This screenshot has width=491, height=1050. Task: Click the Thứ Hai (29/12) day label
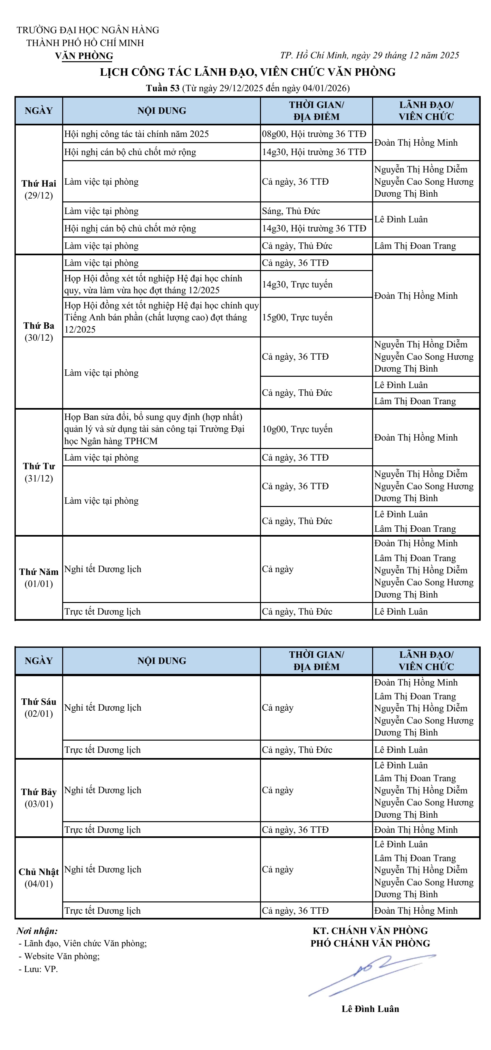tap(39, 189)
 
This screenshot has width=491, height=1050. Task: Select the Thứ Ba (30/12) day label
tap(39, 331)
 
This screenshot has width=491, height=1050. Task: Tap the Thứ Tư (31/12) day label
tap(39, 472)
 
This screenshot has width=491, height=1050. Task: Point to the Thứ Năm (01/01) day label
tap(39, 578)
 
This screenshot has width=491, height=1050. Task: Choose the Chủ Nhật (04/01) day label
tap(39, 878)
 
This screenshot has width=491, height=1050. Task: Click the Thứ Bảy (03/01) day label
tap(39, 798)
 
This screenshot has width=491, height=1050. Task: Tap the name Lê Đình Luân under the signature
tap(370, 1009)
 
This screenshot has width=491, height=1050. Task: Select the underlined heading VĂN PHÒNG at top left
tap(84, 56)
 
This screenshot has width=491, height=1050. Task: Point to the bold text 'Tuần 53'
tap(163, 88)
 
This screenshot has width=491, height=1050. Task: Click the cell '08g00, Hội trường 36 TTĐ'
tap(314, 134)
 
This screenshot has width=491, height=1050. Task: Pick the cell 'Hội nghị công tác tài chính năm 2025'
tap(137, 134)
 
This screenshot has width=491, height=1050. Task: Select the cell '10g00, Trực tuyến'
tap(297, 429)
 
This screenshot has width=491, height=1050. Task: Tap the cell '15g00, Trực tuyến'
tap(297, 317)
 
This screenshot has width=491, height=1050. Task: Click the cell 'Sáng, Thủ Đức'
tap(291, 211)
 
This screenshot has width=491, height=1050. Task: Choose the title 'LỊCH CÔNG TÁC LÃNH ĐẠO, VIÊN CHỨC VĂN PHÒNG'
tap(248, 72)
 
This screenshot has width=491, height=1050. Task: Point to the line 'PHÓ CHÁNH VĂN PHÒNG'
tap(370, 944)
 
